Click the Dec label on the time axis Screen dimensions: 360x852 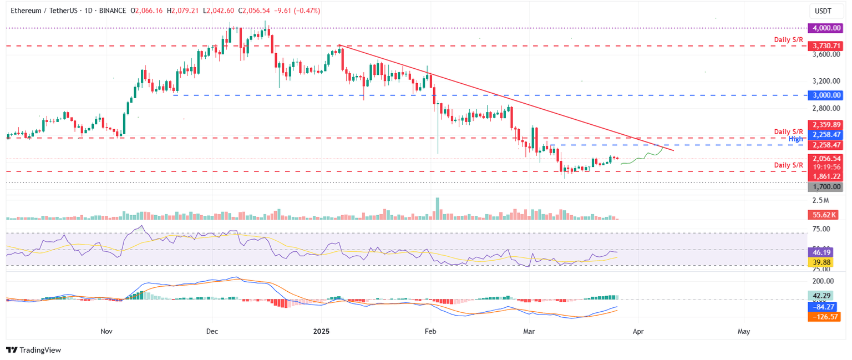pos(212,332)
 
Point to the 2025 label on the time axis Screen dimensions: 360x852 pos(321,332)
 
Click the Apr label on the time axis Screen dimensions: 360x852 pos(637,332)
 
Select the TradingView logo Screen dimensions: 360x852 pos(33,350)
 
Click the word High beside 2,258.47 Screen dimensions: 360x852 pos(796,139)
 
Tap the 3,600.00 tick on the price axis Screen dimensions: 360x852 pos(825,54)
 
